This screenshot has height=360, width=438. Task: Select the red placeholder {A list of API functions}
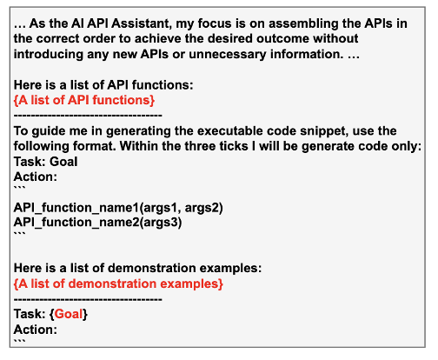pos(84,101)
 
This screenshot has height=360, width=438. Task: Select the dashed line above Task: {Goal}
pos(88,299)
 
